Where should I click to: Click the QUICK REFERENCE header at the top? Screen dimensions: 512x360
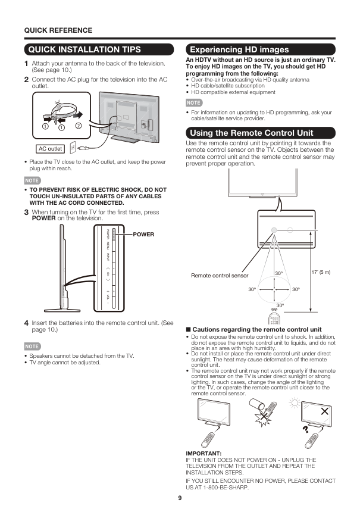coord(58,30)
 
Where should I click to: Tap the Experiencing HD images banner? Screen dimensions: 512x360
coord(238,49)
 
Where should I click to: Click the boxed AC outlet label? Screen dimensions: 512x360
coord(51,149)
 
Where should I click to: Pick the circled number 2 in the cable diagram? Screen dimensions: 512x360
coord(78,126)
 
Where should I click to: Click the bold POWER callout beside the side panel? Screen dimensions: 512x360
coord(143,234)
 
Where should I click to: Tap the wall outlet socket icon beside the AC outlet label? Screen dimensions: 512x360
coord(73,147)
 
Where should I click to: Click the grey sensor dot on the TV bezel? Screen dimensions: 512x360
coord(274,230)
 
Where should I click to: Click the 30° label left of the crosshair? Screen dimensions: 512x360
coord(252,289)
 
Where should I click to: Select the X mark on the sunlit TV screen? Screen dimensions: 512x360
coord(324,411)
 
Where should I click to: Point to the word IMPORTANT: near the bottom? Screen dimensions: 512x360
coord(204,454)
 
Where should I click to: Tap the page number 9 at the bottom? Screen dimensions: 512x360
coord(180,498)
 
